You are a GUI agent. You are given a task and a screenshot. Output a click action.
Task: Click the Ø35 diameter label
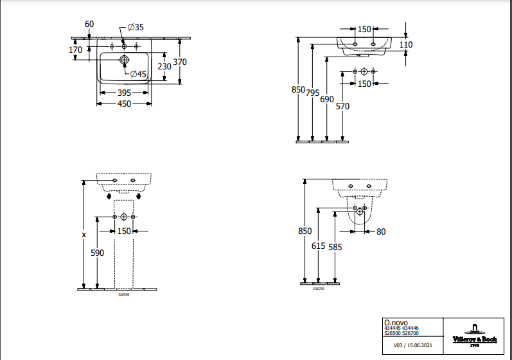coord(136,27)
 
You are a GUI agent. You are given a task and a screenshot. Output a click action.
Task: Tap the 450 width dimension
coord(124,104)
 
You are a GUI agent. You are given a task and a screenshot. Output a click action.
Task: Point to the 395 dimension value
coord(124,93)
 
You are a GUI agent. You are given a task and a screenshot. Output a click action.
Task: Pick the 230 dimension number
coord(164,66)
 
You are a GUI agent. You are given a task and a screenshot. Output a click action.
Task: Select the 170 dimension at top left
coord(75,50)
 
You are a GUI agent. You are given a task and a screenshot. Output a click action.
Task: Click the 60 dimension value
coord(89,24)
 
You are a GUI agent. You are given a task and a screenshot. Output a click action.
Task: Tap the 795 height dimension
coord(313,93)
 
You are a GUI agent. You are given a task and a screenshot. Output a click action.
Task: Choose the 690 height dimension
coord(327,99)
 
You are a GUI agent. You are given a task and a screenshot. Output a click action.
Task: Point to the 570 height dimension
coord(342,107)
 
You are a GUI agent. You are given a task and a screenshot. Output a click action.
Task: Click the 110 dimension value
coord(406,44)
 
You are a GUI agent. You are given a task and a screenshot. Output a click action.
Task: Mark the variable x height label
coord(84,235)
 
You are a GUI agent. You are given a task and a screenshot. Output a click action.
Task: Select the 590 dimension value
coord(97,253)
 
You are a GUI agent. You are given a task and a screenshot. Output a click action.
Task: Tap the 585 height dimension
coord(335,246)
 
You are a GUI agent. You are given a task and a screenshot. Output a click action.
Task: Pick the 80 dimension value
coord(381,231)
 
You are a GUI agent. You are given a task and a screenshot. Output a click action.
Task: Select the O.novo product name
coord(395,322)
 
